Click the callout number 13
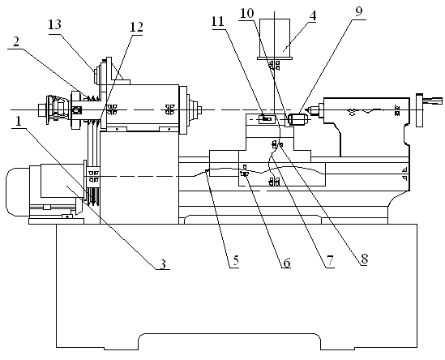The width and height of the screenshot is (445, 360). pyautogui.click(x=54, y=25)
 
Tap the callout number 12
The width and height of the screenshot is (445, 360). pyautogui.click(x=136, y=28)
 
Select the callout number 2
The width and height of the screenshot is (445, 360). pyautogui.click(x=16, y=41)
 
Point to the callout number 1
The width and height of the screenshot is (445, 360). pyautogui.click(x=18, y=122)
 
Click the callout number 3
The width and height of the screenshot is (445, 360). pyautogui.click(x=163, y=264)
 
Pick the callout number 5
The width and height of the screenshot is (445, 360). pyautogui.click(x=237, y=260)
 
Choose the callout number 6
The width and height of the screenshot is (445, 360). pyautogui.click(x=286, y=263)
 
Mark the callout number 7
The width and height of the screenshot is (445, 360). pyautogui.click(x=329, y=261)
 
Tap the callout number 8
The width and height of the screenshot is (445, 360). pyautogui.click(x=365, y=259)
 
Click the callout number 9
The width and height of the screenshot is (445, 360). pyautogui.click(x=359, y=11)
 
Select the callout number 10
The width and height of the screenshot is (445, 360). pyautogui.click(x=246, y=13)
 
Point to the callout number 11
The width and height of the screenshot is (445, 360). pyautogui.click(x=218, y=22)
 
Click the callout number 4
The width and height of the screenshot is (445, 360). pyautogui.click(x=312, y=15)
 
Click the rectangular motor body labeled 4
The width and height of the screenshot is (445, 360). pyautogui.click(x=275, y=40)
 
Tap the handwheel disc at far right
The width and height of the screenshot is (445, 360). pyautogui.click(x=419, y=110)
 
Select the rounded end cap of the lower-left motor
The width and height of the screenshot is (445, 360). pyautogui.click(x=17, y=191)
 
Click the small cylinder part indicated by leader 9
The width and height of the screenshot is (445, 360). pyautogui.click(x=297, y=119)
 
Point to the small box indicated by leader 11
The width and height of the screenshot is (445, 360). pyautogui.click(x=267, y=118)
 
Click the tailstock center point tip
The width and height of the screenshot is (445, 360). pyautogui.click(x=305, y=109)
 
